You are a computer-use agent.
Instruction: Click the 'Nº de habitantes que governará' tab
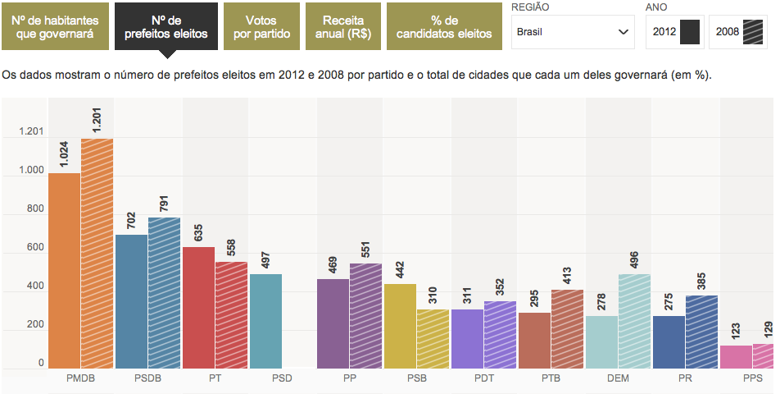(54, 27)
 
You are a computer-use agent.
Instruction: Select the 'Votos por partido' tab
(261, 27)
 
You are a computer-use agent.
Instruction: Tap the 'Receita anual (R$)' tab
(342, 27)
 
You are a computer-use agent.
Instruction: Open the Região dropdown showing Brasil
(572, 33)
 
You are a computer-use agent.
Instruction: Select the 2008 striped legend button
(738, 33)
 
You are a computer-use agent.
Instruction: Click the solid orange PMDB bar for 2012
(64, 271)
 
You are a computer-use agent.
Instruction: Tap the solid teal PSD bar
(265, 320)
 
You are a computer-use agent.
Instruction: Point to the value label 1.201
(97, 118)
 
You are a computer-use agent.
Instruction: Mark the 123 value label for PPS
(736, 330)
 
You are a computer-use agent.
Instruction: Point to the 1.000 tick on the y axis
(29, 171)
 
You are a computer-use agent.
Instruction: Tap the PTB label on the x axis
(551, 380)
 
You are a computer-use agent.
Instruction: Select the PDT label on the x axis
(483, 380)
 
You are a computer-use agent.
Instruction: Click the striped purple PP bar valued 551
(366, 315)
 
